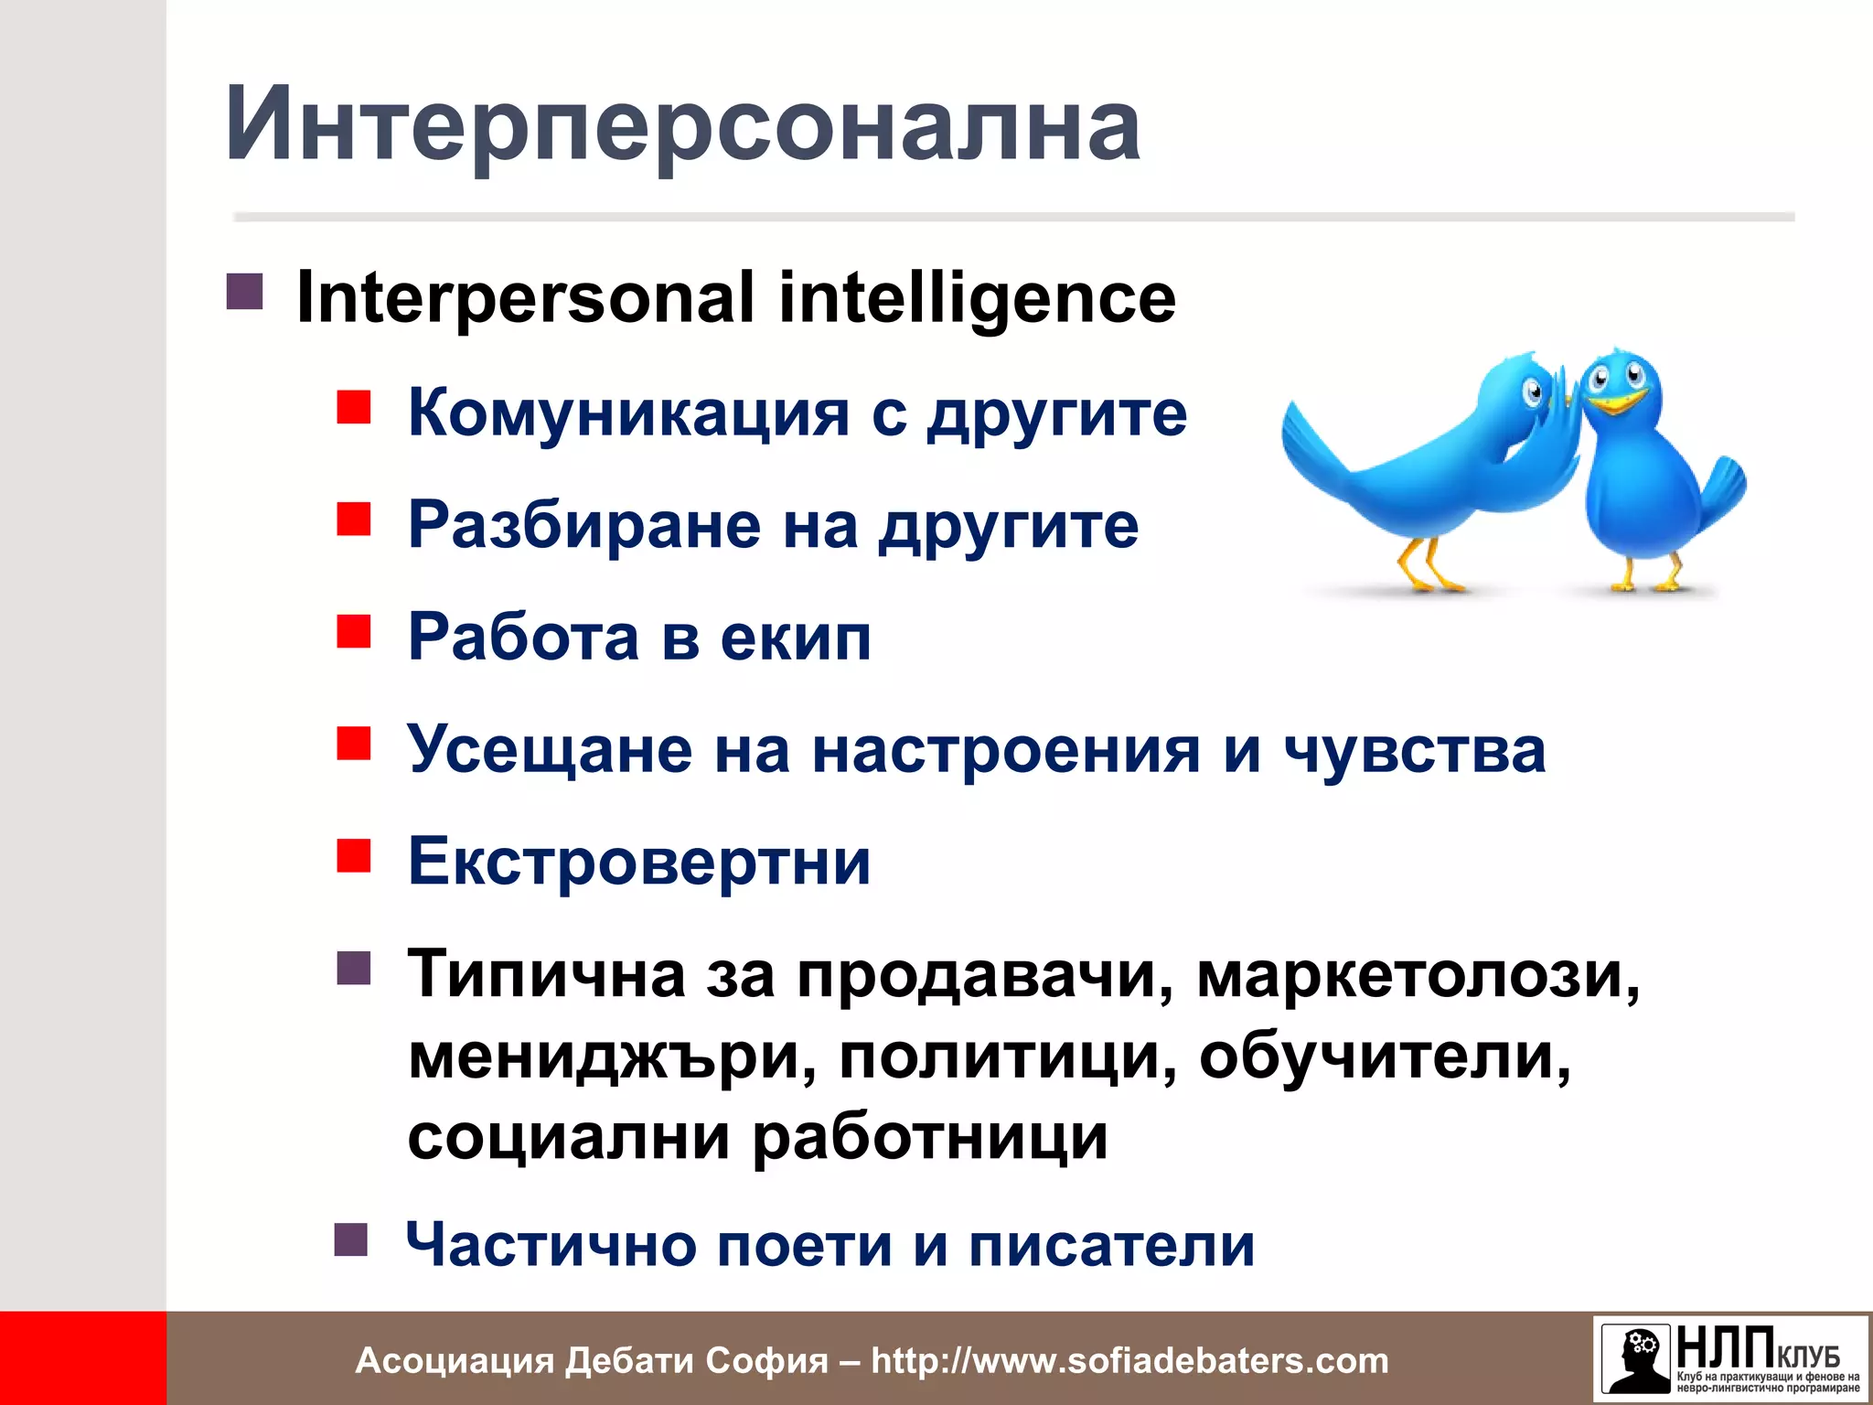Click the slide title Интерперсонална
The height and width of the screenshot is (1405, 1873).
681,123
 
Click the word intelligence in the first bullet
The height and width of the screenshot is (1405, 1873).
977,297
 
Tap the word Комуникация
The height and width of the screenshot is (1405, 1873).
628,413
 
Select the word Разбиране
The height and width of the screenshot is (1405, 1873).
583,525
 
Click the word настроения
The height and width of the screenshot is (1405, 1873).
1005,750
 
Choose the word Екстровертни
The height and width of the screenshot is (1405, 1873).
638,862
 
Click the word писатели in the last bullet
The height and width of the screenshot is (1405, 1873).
1111,1245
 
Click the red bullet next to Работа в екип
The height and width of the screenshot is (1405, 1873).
353,631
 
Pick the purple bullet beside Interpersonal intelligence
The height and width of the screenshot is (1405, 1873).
244,292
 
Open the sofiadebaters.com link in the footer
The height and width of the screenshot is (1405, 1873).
1129,1360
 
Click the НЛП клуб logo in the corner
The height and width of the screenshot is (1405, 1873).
1730,1358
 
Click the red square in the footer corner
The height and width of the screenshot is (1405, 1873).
82,1358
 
